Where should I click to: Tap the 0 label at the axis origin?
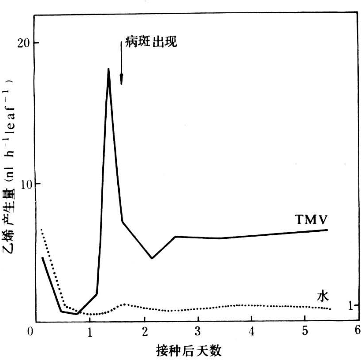[30, 330]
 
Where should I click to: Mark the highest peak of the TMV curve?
[108, 69]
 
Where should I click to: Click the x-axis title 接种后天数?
[189, 351]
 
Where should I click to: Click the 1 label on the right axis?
[351, 305]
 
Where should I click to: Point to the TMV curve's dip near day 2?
[152, 258]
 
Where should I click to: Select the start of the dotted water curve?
[41, 230]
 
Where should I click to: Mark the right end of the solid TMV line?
[327, 230]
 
